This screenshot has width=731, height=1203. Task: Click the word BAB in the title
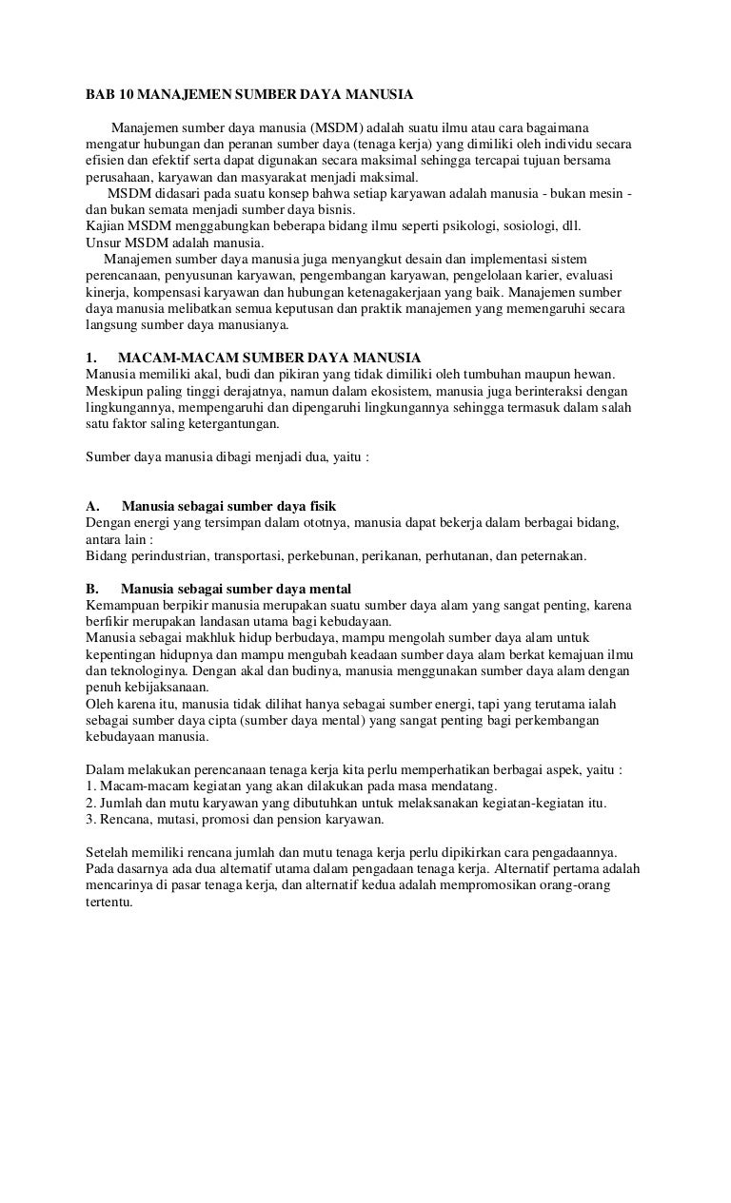[97, 96]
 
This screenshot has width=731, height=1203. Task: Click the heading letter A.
[91, 505]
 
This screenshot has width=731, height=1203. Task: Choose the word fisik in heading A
[318, 505]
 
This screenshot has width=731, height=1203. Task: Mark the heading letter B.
[91, 588]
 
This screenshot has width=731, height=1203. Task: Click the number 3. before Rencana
[90, 818]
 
